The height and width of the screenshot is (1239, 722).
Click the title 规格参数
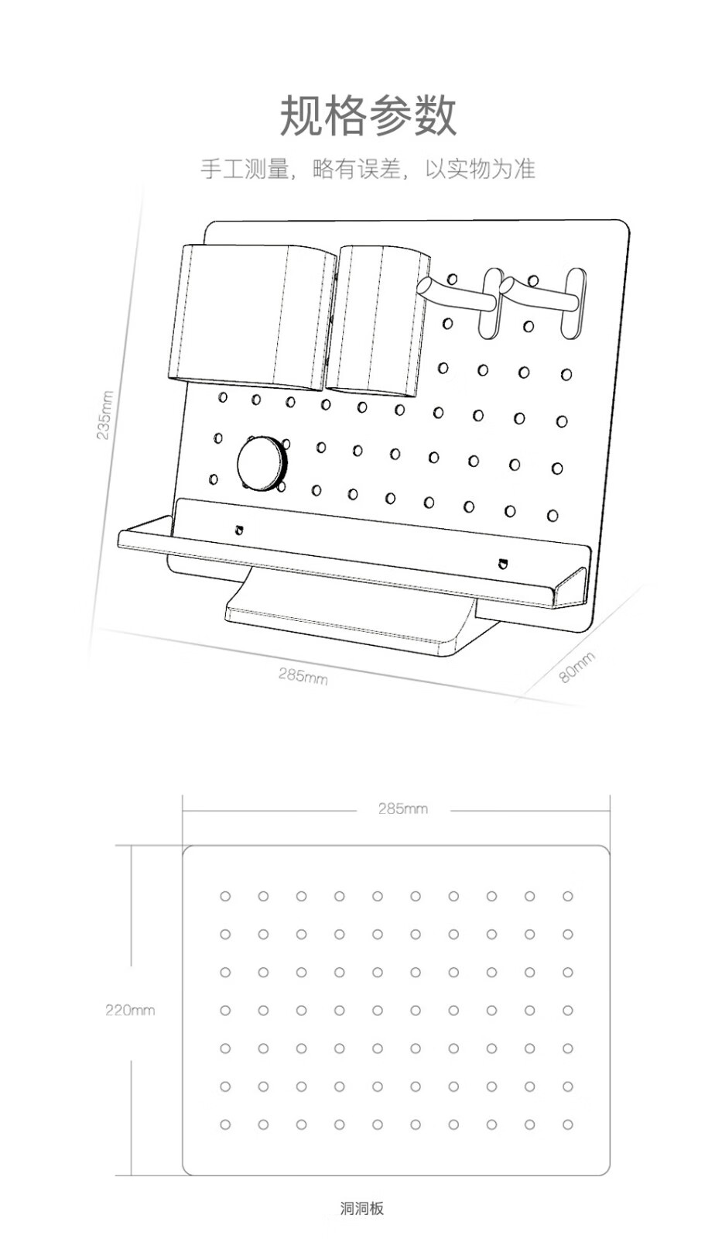368,115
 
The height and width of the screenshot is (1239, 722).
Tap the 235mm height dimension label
105,415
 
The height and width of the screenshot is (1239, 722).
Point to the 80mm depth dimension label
577,667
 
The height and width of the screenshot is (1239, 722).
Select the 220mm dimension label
130,1010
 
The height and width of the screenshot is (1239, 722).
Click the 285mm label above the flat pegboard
403,808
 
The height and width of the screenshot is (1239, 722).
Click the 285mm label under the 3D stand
303,675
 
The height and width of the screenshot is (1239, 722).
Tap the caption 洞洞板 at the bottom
361,1209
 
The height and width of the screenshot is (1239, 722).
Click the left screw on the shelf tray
239,530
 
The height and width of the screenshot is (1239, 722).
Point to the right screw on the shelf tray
502,564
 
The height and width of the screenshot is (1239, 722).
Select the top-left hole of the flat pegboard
225,896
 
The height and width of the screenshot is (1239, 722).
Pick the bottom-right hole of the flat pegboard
568,1124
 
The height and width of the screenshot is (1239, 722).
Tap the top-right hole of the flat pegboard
568,896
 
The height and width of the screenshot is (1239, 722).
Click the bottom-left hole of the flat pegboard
225,1124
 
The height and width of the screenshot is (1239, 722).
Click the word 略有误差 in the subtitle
357,169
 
